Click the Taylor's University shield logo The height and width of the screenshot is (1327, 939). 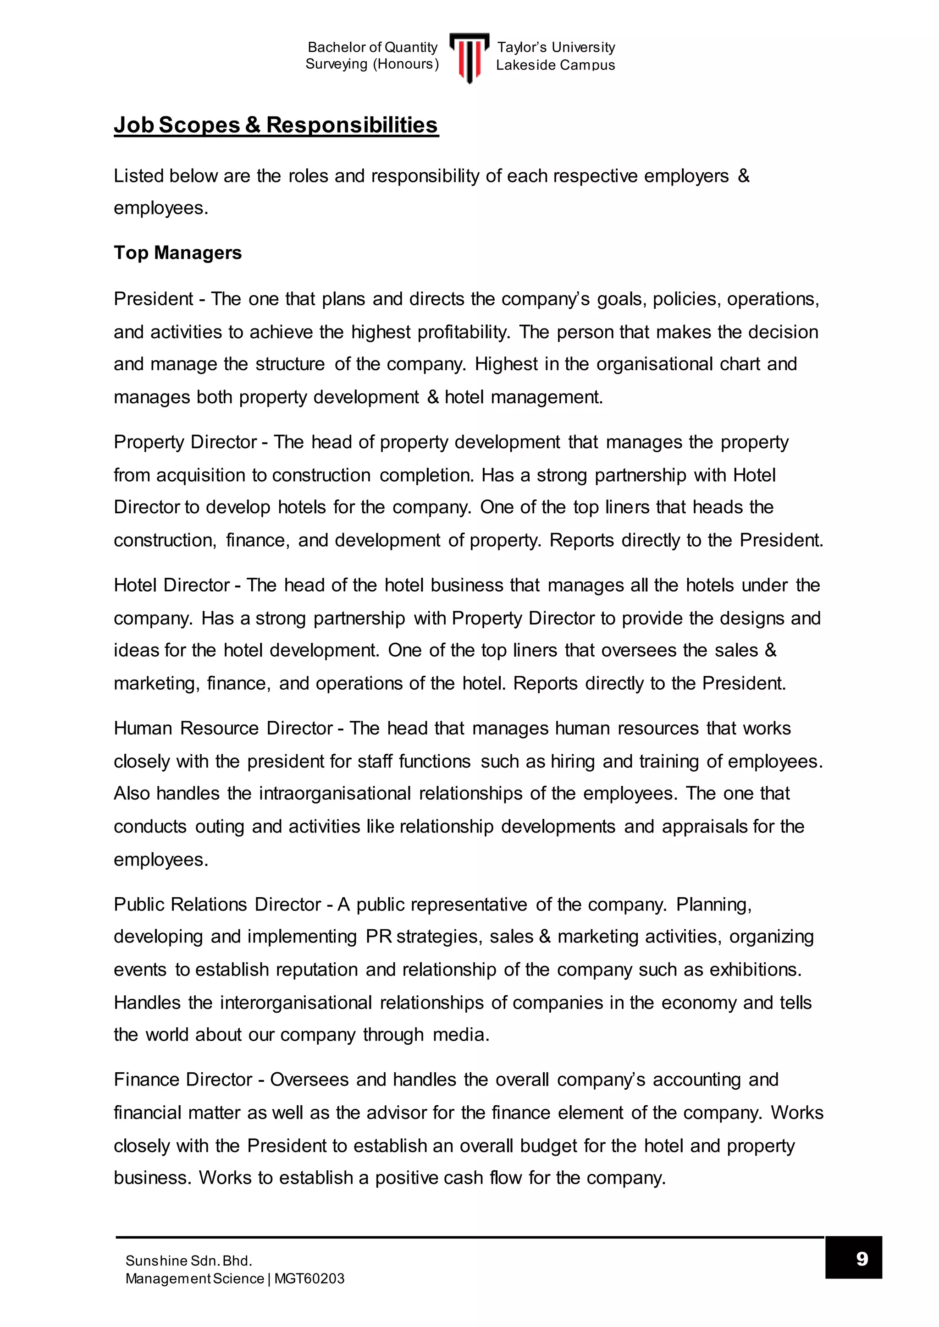click(x=469, y=57)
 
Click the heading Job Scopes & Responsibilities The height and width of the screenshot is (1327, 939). click(x=276, y=125)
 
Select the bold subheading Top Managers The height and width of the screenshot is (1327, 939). click(x=177, y=252)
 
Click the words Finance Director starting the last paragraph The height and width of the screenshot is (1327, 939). click(x=183, y=1080)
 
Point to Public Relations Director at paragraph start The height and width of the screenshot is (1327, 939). click(x=217, y=904)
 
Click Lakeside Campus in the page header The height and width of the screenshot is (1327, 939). click(x=555, y=65)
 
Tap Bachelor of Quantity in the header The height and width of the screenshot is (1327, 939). click(x=372, y=47)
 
